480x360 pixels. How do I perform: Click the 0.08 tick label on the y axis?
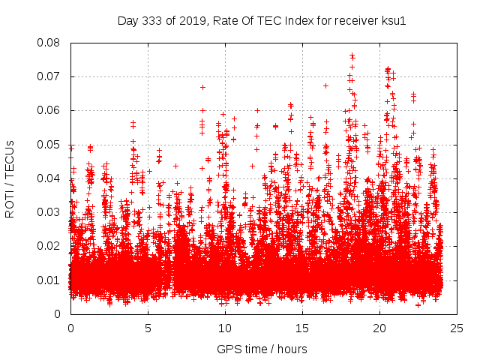(x=51, y=43)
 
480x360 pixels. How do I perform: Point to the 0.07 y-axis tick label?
(x=51, y=76)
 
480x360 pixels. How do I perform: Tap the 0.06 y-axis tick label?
(x=51, y=110)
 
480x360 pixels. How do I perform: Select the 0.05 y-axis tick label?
(x=51, y=144)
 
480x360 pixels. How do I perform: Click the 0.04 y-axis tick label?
(x=51, y=178)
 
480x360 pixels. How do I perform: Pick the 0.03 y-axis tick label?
(x=51, y=212)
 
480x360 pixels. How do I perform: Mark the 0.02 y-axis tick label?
(x=51, y=246)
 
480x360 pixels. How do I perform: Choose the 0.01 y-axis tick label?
(x=51, y=280)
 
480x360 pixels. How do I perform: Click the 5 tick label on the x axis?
(x=148, y=328)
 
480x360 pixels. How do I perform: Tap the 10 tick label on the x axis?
(x=225, y=328)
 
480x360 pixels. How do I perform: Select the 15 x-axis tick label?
(x=302, y=328)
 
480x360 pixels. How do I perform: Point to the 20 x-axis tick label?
(x=379, y=328)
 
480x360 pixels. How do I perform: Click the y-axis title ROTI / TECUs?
(x=10, y=178)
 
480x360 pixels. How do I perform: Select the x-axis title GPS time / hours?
(x=262, y=349)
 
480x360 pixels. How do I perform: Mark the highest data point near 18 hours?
(x=351, y=55)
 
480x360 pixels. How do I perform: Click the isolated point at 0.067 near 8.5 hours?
(x=202, y=87)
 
